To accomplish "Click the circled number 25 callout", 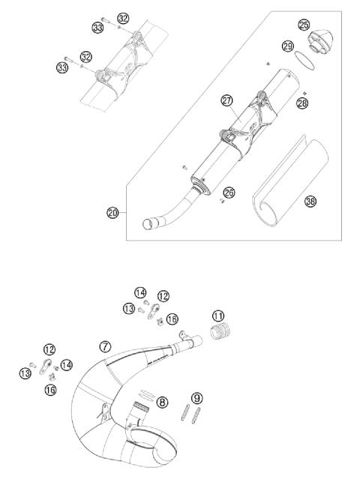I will (303, 25).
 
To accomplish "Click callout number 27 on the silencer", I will (226, 100).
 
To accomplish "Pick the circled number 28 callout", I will (301, 102).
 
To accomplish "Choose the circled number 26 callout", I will (229, 193).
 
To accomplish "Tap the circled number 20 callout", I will (112, 213).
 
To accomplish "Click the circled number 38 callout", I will (309, 201).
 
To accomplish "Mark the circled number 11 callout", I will (218, 316).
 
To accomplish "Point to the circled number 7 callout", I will (105, 346).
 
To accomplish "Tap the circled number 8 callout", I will (162, 402).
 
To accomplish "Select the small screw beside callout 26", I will (223, 201).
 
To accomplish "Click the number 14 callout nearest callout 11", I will (139, 292).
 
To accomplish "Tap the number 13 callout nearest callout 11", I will (129, 308).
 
